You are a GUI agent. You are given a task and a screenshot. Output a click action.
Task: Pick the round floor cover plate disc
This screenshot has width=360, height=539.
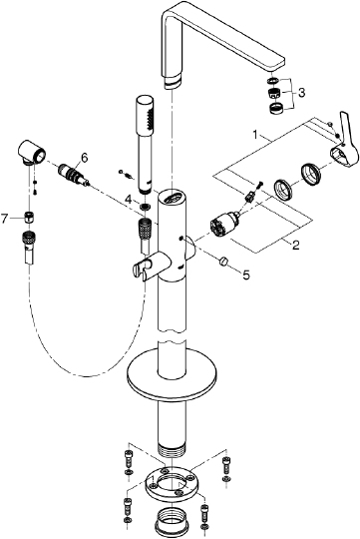pos(174,377)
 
